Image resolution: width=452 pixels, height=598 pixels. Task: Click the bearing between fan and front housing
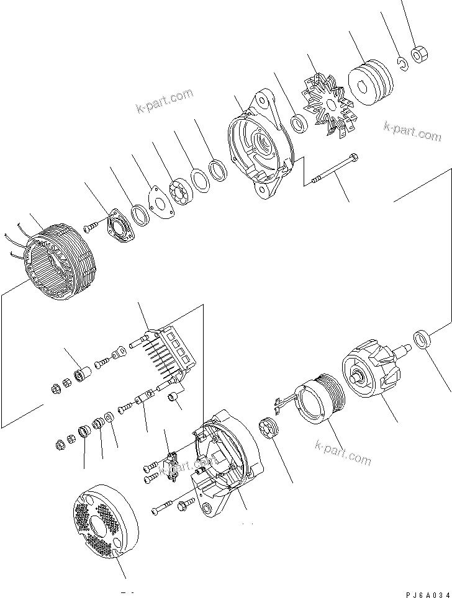coord(299,123)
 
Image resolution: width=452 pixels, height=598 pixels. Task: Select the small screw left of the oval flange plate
coord(90,228)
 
